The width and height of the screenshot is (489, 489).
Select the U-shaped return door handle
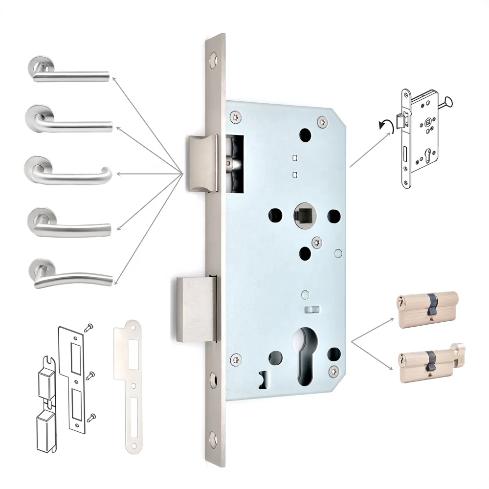[x=68, y=174]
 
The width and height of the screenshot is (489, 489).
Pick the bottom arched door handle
[x=71, y=277]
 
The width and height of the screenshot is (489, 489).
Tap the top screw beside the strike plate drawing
[x=89, y=327]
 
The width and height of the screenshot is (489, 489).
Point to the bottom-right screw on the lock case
[x=334, y=370]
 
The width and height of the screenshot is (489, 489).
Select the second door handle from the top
[x=68, y=122]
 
